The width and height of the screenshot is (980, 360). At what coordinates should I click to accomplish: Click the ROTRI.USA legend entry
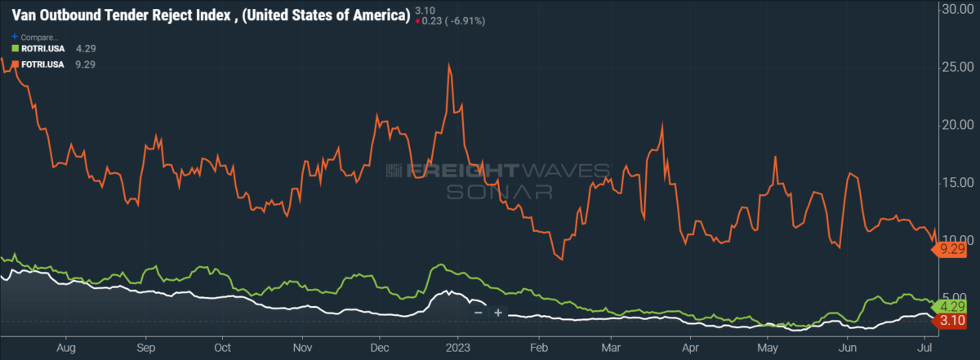[38, 48]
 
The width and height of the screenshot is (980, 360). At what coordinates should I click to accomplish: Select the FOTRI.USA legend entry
[38, 64]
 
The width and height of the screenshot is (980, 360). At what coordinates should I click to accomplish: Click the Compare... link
[34, 38]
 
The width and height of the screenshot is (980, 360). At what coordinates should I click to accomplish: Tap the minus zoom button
[479, 313]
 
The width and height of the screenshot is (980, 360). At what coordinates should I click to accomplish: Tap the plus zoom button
[498, 313]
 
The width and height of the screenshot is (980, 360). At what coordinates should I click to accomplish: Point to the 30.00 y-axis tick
[957, 9]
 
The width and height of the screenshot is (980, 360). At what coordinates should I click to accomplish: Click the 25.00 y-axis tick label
[957, 67]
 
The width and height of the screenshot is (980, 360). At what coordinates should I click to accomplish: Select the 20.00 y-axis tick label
[957, 125]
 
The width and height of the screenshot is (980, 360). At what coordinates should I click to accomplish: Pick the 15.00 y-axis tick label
[957, 182]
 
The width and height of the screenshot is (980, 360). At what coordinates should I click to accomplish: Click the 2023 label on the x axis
[457, 348]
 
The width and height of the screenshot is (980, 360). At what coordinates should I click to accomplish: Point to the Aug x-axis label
[66, 349]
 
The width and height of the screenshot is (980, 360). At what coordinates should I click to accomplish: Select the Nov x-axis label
[302, 348]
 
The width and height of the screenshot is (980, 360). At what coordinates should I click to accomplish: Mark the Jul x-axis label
[924, 348]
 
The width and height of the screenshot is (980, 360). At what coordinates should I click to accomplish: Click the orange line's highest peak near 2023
[449, 64]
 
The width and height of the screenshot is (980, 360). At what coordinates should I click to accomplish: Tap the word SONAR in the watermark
[499, 192]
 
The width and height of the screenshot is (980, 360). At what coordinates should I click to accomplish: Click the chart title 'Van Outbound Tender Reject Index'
[121, 16]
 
